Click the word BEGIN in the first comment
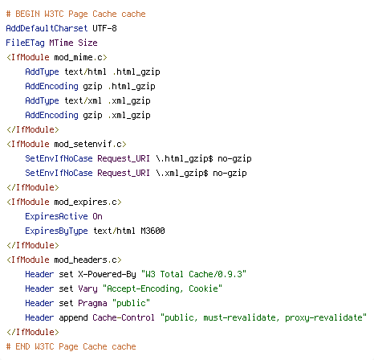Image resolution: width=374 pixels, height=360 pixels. point(27,14)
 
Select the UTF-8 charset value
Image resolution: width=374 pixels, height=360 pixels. point(104,28)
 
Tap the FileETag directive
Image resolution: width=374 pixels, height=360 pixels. point(25,43)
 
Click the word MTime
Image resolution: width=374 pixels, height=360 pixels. point(61,43)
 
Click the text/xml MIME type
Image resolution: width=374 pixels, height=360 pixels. point(83,100)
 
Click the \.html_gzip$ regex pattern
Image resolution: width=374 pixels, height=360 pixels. point(185,159)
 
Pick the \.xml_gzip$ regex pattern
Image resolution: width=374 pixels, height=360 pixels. point(182,174)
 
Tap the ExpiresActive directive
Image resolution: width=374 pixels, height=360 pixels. point(56,216)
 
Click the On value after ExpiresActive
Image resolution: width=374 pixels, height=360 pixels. point(97,216)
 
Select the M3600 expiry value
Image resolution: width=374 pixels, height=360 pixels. point(152,231)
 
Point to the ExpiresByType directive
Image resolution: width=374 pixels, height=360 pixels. point(56,231)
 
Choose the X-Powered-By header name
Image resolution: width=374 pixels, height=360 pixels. point(107,275)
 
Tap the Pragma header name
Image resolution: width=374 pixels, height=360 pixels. point(92,304)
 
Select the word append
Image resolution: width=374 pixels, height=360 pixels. point(73,318)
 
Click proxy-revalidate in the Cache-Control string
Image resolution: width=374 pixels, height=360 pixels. point(323,318)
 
